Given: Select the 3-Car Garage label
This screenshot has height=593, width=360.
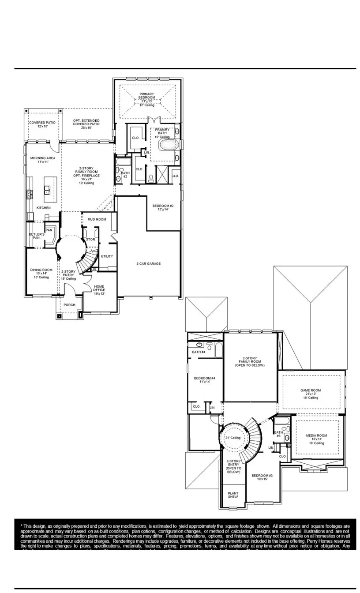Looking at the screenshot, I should click(148, 263).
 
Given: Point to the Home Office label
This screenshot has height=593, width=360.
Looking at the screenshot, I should click(99, 289).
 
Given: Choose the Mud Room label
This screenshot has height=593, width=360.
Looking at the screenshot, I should click(97, 219).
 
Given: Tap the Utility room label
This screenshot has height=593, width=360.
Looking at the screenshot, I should click(107, 256).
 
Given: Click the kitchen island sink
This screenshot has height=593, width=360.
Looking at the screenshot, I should click(47, 190).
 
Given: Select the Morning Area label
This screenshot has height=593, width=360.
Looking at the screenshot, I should click(43, 160).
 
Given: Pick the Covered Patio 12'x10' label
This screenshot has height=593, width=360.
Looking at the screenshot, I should click(42, 124).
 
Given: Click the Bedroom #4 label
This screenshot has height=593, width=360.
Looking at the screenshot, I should click(205, 380).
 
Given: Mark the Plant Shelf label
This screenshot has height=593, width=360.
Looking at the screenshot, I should click(233, 495).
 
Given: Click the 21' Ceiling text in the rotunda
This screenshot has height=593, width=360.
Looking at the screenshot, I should click(233, 438).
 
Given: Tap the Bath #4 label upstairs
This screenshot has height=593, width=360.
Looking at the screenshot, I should click(199, 352).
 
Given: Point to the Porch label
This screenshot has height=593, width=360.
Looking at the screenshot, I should click(69, 305).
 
